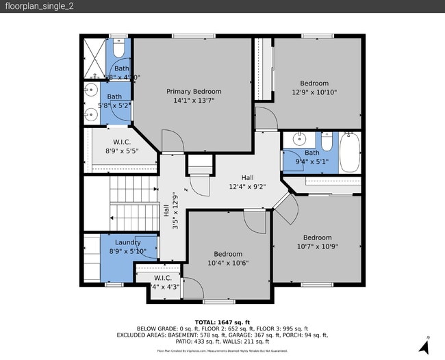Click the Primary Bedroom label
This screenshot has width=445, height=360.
click(x=194, y=91)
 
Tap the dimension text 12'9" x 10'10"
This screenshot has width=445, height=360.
click(x=314, y=92)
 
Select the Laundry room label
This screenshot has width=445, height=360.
click(x=128, y=242)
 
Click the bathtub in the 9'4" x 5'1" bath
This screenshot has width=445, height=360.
click(x=350, y=153)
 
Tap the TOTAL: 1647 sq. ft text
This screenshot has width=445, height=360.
click(x=222, y=322)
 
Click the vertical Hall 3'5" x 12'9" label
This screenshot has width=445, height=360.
click(x=170, y=211)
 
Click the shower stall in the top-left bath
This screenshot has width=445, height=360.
click(x=94, y=56)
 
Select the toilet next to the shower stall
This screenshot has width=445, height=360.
click(x=118, y=49)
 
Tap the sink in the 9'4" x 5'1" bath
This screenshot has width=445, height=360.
click(x=298, y=140)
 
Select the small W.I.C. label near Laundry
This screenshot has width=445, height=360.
click(x=163, y=278)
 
